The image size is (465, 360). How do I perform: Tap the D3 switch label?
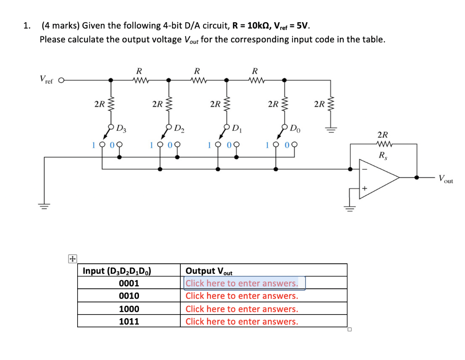[x=121, y=128]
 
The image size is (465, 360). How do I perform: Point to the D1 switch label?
[x=237, y=128]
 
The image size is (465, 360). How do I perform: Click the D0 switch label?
[x=295, y=128]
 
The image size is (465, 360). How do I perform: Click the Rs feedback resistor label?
[x=382, y=156]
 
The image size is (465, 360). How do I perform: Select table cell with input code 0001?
[x=129, y=283]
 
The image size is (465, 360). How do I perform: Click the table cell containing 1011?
[x=129, y=321]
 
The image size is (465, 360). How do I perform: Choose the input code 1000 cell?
[x=129, y=309]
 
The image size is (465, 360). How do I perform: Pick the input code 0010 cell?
[x=129, y=296]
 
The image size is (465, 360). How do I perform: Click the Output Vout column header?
[x=209, y=271]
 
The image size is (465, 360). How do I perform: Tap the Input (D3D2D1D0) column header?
[x=117, y=271]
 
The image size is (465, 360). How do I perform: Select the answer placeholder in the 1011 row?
[x=242, y=321]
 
